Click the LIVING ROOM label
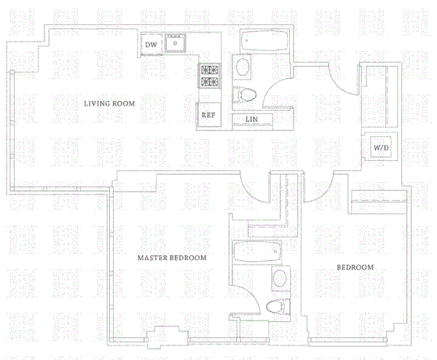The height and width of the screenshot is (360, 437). (x=111, y=104)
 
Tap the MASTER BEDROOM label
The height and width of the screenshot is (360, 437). (x=173, y=258)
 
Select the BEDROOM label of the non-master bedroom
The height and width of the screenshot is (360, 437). (x=355, y=267)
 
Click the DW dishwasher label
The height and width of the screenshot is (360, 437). (x=151, y=45)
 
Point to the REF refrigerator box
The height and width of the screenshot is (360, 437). (x=207, y=115)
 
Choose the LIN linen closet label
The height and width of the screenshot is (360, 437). (x=251, y=119)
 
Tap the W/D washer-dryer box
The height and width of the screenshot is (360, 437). (x=382, y=147)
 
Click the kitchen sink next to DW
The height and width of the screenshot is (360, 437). (x=176, y=44)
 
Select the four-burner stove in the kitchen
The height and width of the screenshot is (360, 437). (x=210, y=75)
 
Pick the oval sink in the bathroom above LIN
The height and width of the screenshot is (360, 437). (x=243, y=69)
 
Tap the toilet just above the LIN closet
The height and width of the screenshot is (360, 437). (x=245, y=94)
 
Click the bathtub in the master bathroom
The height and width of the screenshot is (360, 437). (x=257, y=254)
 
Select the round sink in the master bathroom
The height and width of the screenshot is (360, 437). (x=278, y=278)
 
